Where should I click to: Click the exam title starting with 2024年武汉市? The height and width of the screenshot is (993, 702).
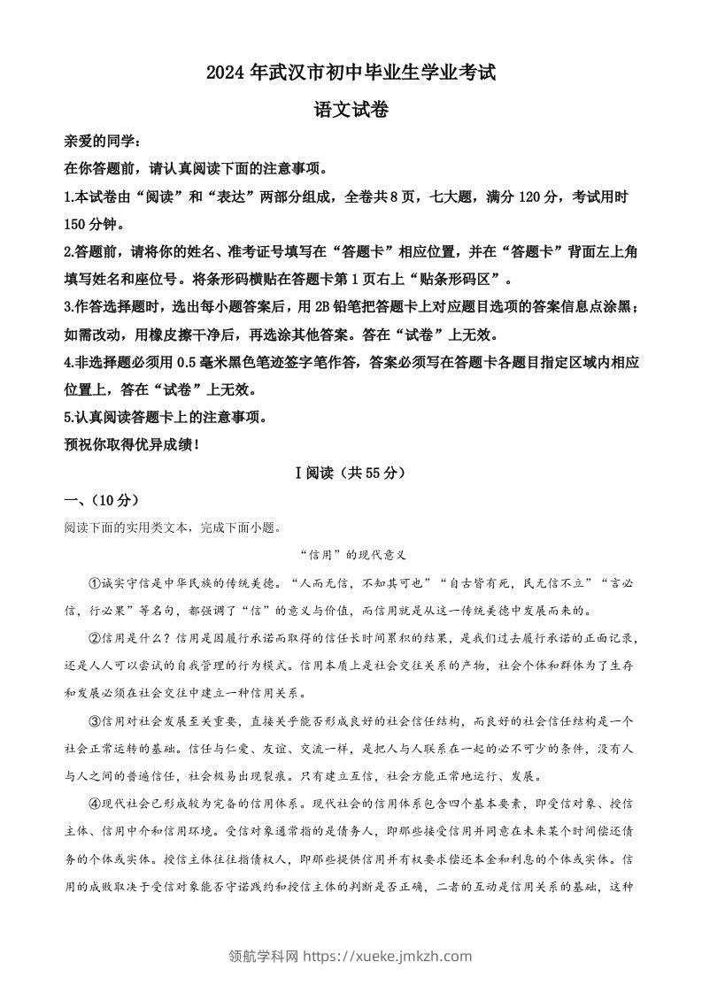(x=351, y=74)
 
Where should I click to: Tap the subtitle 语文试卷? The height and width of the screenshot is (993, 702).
(x=351, y=110)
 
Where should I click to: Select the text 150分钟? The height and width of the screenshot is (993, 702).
(x=94, y=224)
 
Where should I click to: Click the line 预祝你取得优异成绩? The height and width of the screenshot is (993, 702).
(x=132, y=444)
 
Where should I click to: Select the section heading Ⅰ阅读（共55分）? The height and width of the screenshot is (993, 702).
(x=351, y=473)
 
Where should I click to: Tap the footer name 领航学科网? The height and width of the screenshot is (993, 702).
(x=264, y=955)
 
